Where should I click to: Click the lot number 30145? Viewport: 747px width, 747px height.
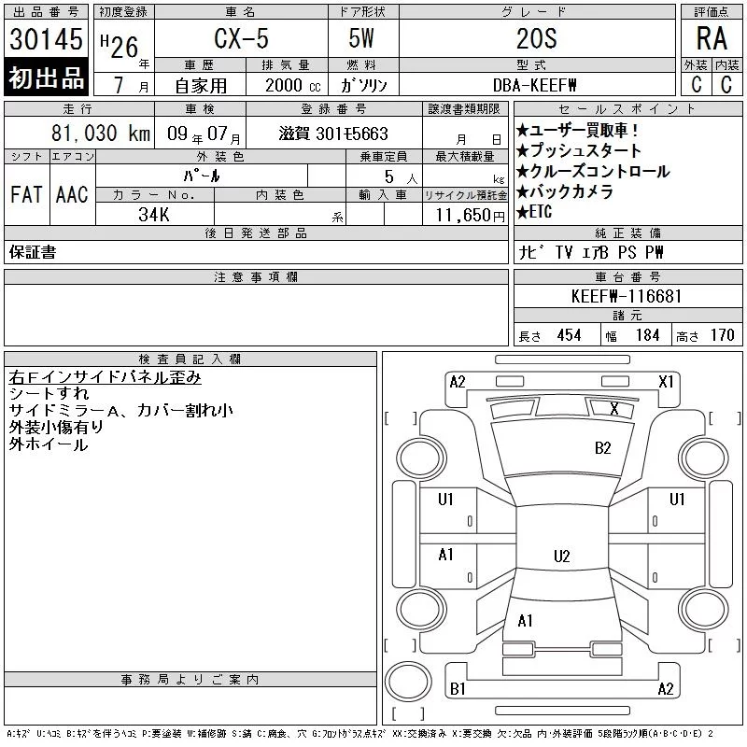pos(46,38)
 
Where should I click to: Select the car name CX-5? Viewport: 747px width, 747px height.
pos(241,38)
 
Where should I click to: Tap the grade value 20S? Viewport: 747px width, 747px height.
pos(536,38)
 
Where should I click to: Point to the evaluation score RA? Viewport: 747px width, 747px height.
pos(712,38)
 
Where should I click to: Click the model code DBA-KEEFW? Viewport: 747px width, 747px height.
pos(534,85)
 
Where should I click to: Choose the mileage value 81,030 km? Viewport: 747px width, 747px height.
pos(101,134)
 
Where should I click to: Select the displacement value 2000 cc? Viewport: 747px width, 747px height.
pos(292,85)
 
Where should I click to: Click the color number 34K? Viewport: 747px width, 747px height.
pos(154,215)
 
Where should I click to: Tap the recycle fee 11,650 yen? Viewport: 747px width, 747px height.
pos(471,216)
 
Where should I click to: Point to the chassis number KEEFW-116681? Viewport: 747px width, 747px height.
pos(627,296)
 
